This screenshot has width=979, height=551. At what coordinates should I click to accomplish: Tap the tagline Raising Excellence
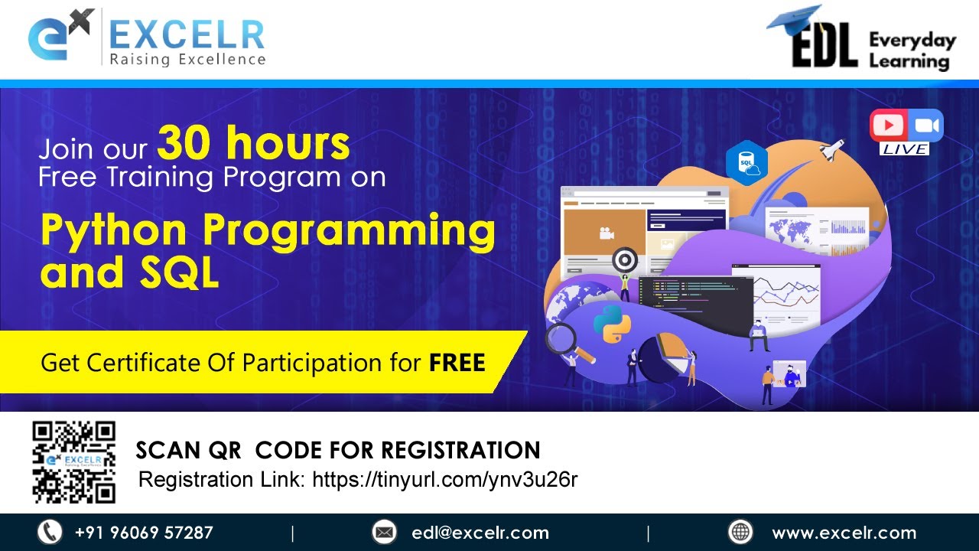187,60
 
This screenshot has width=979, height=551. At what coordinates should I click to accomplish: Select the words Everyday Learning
912,51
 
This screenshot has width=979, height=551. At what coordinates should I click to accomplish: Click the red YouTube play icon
888,125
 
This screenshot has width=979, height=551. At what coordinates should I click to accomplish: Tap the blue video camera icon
925,125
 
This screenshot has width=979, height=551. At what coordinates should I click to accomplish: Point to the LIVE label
905,149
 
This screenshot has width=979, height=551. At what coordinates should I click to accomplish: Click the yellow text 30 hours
254,142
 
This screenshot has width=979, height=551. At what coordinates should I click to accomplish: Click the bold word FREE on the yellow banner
457,362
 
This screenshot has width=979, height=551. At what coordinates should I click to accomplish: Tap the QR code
73,462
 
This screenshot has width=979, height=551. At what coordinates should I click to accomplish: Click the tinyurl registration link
444,480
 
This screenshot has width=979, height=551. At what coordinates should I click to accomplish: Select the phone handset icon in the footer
50,532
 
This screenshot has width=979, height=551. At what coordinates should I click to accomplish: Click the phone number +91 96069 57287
144,533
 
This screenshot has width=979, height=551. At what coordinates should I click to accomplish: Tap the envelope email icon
384,532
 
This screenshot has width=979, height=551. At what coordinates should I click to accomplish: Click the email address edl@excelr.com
480,533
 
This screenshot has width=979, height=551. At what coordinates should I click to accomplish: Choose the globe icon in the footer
740,532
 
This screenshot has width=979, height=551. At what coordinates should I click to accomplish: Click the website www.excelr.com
844,533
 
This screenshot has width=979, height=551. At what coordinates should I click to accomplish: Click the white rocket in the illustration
832,148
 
